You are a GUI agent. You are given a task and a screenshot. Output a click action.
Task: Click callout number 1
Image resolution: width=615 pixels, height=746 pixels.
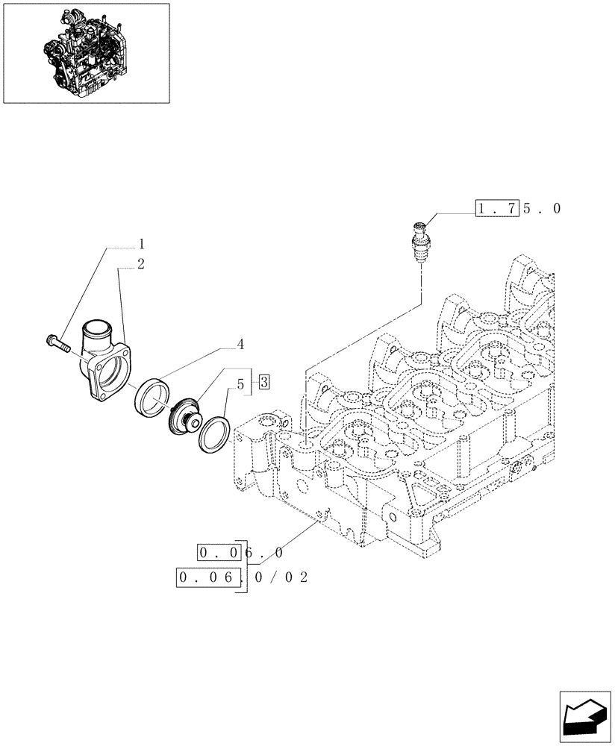141,244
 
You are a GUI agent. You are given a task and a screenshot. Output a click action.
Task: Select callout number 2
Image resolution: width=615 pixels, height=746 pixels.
141,263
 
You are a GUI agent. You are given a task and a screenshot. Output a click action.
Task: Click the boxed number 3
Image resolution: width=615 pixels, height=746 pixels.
264,383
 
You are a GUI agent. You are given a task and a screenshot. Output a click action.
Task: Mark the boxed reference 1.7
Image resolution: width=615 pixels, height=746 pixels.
496,209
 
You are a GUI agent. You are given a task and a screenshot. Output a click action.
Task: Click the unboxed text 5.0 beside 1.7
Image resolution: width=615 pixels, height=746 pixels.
540,209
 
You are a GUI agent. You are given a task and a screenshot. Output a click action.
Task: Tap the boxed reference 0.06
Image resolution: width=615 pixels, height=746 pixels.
210,577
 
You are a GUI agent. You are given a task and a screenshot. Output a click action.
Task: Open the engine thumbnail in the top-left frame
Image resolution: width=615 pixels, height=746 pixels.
86,53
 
